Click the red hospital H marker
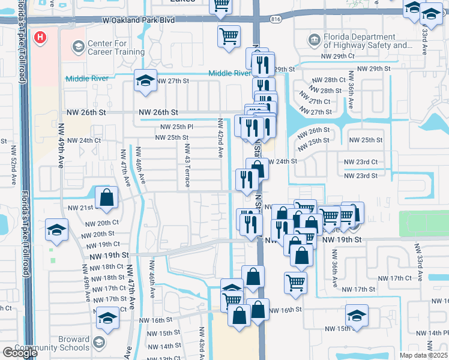click(40, 38)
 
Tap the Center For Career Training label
click(116, 47)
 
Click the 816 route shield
click(276, 20)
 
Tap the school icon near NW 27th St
click(145, 80)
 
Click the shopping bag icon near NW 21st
click(106, 197)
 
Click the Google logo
click(20, 353)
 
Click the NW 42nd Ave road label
click(220, 139)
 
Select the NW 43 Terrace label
click(187, 165)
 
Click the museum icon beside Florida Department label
click(314, 41)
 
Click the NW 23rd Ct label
click(361, 162)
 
